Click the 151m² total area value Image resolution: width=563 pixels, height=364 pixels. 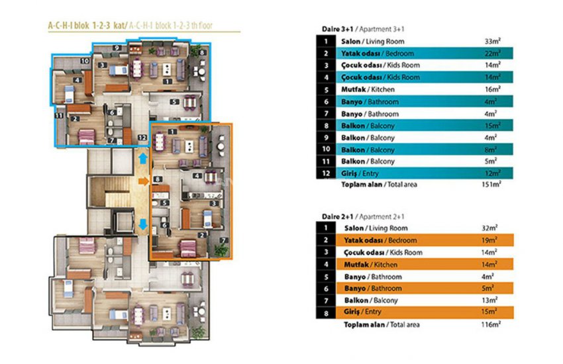coord(491,185)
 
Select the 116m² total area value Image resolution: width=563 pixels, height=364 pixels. coord(491,325)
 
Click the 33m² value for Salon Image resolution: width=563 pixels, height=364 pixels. coord(491,42)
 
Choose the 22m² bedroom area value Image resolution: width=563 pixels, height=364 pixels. coord(491,54)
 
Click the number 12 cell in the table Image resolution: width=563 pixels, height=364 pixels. coord(326,173)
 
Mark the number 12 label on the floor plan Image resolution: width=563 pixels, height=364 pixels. coord(142,138)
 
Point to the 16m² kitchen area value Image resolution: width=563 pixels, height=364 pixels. coord(491,89)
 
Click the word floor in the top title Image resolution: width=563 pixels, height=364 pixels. coord(212,26)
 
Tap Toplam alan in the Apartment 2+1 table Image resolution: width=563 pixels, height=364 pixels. coord(362,325)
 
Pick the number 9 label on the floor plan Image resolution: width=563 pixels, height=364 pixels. coord(116,48)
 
